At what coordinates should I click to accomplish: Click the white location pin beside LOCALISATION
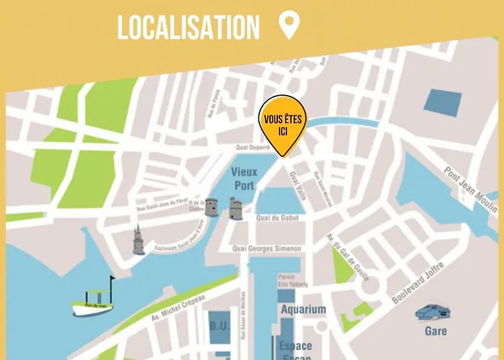(289, 26)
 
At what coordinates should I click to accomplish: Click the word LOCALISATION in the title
(189, 27)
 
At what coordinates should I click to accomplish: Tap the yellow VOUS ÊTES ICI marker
(283, 123)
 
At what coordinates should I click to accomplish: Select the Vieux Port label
(243, 178)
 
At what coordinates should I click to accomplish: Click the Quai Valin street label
(297, 186)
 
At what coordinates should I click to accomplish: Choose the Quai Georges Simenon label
(266, 248)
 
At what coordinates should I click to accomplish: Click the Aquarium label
(303, 310)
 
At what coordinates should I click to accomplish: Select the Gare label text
(435, 332)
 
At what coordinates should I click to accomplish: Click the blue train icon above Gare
(433, 311)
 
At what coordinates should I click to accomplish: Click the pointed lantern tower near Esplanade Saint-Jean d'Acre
(138, 240)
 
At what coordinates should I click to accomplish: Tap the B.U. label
(219, 325)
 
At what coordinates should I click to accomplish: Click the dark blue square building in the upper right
(441, 102)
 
